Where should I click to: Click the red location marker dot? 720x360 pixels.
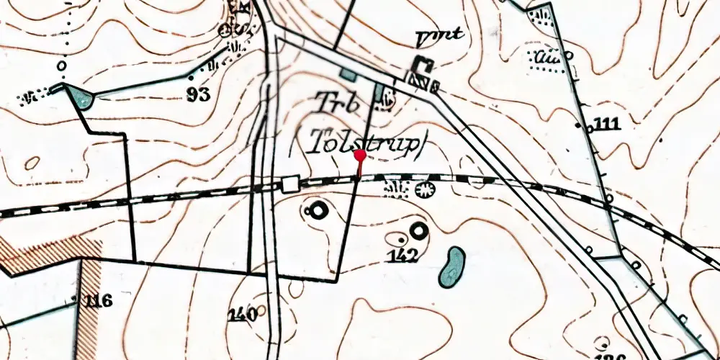tap(359, 155)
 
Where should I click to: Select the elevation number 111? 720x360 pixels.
tap(608, 125)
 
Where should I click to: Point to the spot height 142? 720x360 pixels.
tap(403, 253)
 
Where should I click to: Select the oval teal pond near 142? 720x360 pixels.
tap(452, 266)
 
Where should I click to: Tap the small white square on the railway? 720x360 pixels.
tap(290, 184)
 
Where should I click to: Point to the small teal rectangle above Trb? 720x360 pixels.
tap(348, 74)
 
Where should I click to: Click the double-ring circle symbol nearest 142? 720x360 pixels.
tap(418, 231)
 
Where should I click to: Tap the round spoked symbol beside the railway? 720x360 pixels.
tap(426, 190)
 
